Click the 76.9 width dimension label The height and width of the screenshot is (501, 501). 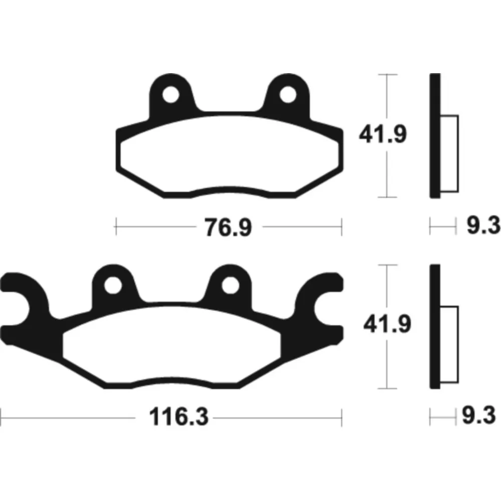click(228, 227)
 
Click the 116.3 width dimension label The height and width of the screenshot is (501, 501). click(179, 417)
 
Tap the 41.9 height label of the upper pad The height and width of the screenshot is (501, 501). click(383, 134)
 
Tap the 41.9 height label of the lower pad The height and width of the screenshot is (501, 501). click(387, 324)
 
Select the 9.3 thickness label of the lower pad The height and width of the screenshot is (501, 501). click(479, 415)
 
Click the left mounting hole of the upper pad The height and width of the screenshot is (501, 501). click(171, 95)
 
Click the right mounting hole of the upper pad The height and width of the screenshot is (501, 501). click(288, 95)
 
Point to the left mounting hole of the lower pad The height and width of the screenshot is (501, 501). click(113, 285)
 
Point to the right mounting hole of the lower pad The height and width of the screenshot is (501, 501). click(230, 285)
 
